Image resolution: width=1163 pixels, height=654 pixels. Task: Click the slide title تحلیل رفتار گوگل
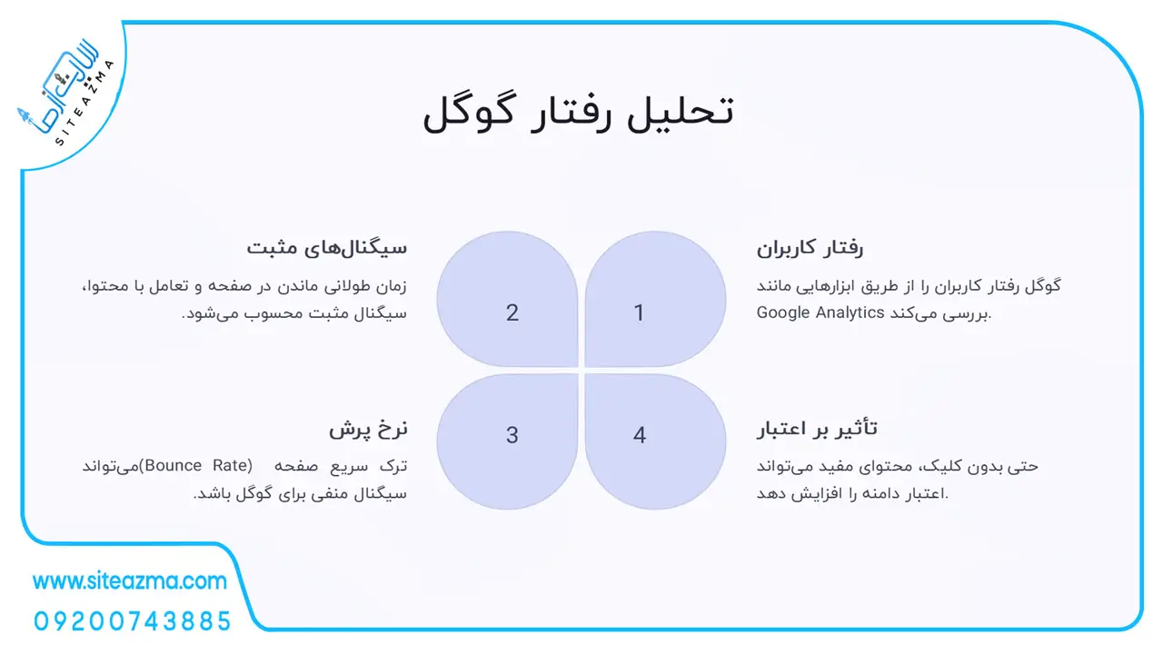pyautogui.click(x=579, y=114)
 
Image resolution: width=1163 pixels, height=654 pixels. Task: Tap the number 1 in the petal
pyautogui.click(x=639, y=313)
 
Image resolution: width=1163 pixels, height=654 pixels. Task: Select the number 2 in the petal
pyautogui.click(x=512, y=313)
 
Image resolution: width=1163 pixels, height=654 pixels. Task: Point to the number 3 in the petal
pyautogui.click(x=512, y=435)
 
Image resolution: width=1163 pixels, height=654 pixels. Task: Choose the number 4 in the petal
pyautogui.click(x=639, y=435)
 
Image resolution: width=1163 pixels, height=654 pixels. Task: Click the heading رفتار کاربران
pyautogui.click(x=810, y=248)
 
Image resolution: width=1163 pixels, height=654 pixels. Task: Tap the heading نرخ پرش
pyautogui.click(x=368, y=430)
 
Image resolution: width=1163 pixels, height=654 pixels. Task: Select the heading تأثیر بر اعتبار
pyautogui.click(x=817, y=429)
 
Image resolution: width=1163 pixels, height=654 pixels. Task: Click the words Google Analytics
pyautogui.click(x=820, y=312)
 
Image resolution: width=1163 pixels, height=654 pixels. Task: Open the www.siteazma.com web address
pyautogui.click(x=130, y=580)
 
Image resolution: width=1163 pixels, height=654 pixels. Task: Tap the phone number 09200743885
pyautogui.click(x=133, y=621)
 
